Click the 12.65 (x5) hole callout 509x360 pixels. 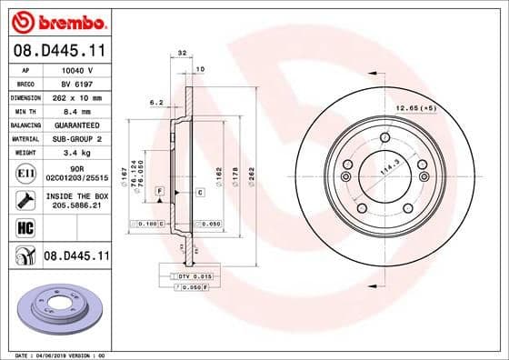415,108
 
